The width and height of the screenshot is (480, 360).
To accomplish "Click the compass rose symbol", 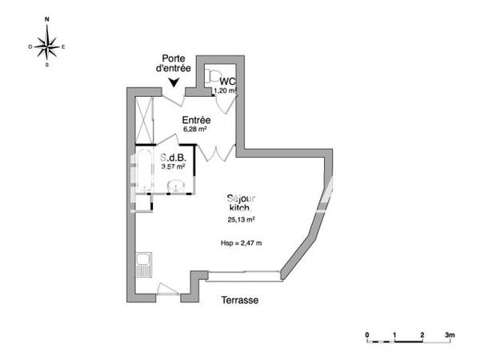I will (x=47, y=46).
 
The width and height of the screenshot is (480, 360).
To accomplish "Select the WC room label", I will (x=227, y=82).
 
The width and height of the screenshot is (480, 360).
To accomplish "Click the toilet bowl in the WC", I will (x=210, y=75).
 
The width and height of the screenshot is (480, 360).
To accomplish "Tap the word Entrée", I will (x=195, y=120).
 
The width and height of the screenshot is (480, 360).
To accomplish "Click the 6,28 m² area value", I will (x=195, y=129).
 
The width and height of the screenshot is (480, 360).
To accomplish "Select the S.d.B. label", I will (x=173, y=158).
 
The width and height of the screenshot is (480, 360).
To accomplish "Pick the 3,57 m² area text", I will (x=173, y=167).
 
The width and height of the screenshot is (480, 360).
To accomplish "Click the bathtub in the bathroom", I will (x=145, y=170).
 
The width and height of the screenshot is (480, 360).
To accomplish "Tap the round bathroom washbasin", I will (x=178, y=187).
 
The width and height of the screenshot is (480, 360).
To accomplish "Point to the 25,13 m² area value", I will (x=240, y=219).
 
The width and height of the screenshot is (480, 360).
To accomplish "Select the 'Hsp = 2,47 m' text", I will (x=241, y=242).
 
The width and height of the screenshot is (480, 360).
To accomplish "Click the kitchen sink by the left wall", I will (x=144, y=263).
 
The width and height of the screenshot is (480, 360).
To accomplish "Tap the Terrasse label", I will (x=240, y=301).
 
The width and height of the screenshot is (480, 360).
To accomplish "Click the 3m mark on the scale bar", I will (x=450, y=333).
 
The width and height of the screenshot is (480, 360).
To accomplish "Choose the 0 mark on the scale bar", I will (x=367, y=333).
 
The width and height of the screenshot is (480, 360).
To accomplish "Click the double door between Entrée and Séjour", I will (x=215, y=151).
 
